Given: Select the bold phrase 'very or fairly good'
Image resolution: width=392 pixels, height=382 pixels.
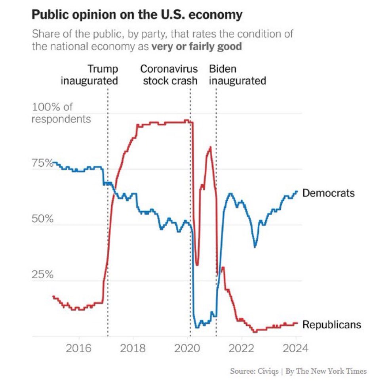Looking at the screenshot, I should click(x=196, y=46).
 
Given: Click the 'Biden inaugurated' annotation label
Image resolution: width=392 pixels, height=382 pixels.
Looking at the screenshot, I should click(x=237, y=75).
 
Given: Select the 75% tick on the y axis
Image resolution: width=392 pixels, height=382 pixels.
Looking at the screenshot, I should click(x=42, y=163).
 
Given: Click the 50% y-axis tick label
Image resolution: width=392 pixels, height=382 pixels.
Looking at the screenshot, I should click(x=42, y=219).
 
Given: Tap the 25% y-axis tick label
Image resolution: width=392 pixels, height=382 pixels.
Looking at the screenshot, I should click(x=42, y=275).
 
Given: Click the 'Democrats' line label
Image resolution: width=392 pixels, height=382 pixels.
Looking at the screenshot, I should click(x=328, y=193).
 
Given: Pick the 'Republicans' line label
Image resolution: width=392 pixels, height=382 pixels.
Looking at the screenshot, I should click(x=332, y=325).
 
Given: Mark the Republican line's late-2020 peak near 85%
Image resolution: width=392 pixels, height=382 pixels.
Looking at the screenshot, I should click(x=210, y=147).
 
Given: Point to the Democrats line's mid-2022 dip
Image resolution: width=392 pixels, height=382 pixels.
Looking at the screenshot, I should click(x=255, y=246).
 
